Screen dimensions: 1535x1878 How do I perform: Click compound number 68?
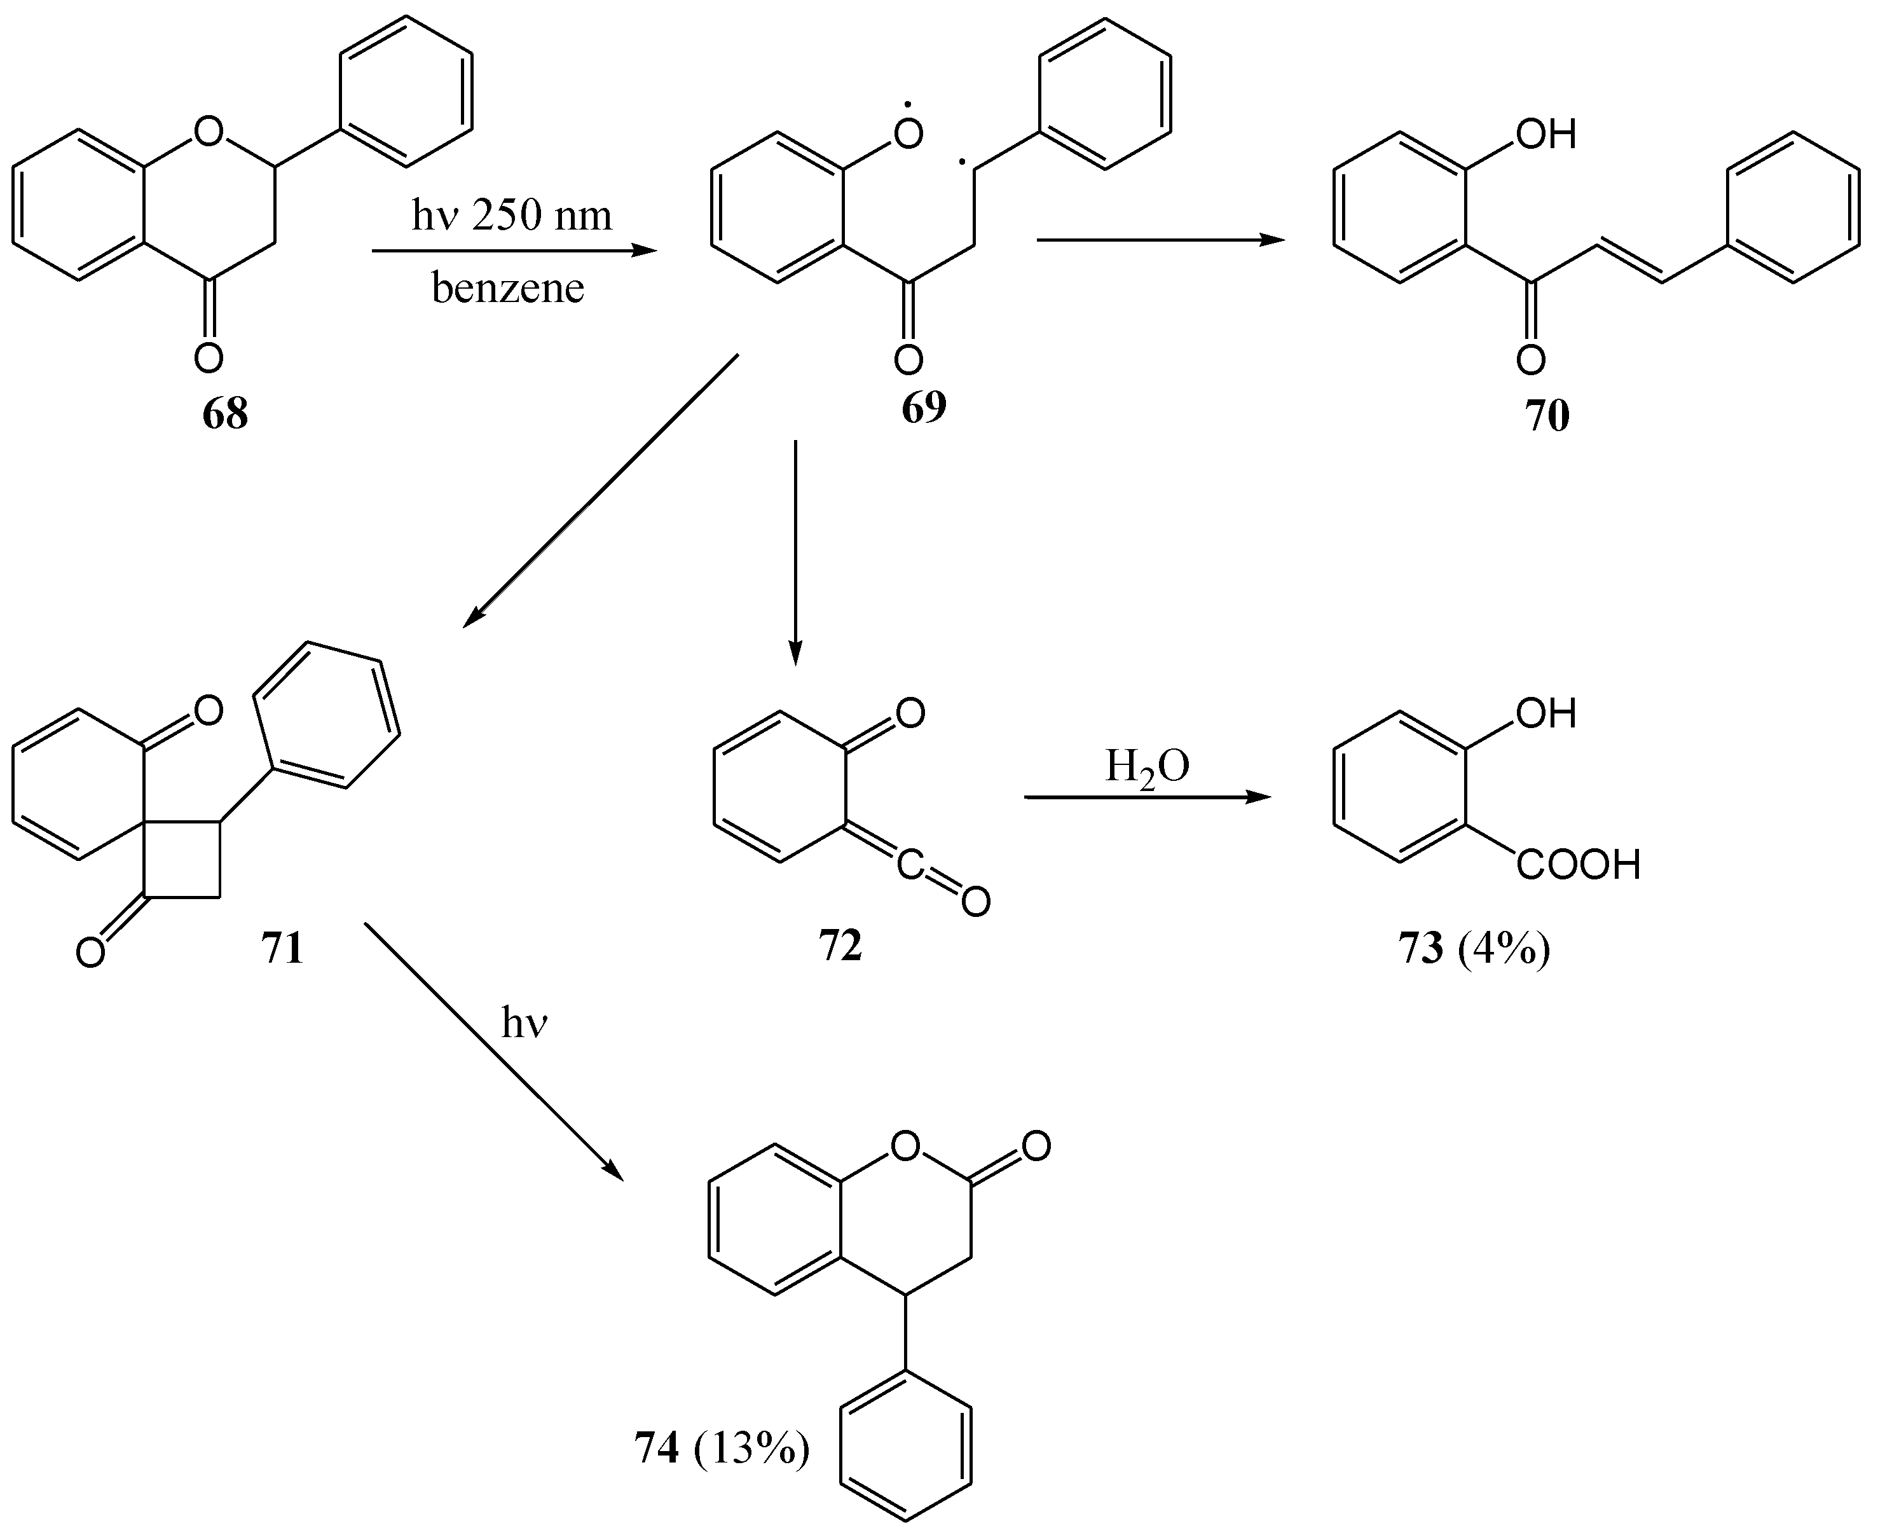tap(224, 414)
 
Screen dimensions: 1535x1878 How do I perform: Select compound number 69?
tap(924, 407)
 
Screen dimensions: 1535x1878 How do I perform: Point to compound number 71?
tap(282, 947)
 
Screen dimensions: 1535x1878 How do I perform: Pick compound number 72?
tap(840, 946)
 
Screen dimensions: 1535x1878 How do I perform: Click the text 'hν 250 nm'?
tap(511, 216)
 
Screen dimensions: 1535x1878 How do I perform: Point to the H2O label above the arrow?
tap(1147, 767)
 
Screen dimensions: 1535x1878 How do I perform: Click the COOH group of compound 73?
tap(1579, 865)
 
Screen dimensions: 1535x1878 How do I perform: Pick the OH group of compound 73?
tap(1546, 713)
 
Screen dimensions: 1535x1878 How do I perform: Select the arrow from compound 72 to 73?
tap(1147, 797)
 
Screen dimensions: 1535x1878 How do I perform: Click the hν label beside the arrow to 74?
tap(524, 1024)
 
